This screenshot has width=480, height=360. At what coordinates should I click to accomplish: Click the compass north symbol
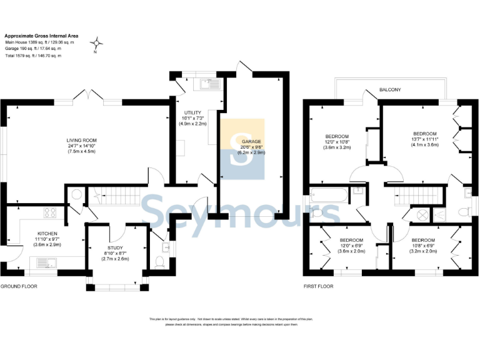click(x=97, y=44)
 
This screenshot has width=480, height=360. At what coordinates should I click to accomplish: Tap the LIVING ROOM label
click(x=82, y=140)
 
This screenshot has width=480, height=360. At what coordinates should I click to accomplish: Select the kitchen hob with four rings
click(x=49, y=214)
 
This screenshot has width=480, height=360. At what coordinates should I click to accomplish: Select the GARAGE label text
click(x=252, y=141)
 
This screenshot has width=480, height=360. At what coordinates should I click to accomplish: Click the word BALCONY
click(x=390, y=90)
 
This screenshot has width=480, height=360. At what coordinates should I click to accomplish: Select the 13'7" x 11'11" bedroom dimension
click(x=425, y=138)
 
